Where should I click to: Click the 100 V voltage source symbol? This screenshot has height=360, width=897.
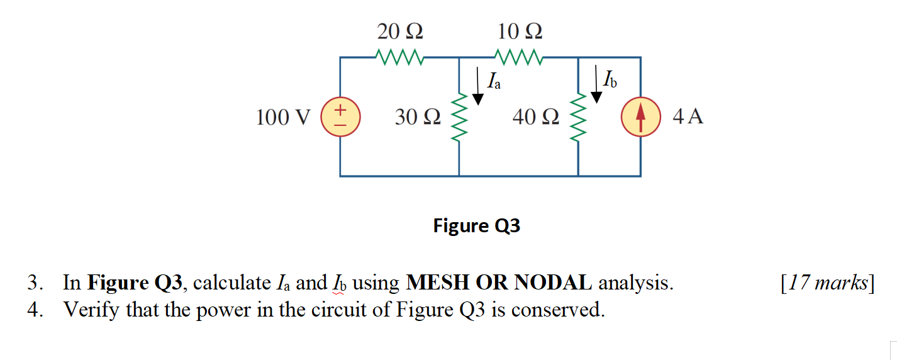[x=340, y=118]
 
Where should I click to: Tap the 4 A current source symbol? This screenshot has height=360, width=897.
[x=640, y=118]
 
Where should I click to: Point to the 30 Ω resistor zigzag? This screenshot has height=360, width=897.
[x=459, y=117]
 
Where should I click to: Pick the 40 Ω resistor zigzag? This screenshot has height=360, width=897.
[x=578, y=117]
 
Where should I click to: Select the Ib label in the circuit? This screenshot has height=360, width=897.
[x=610, y=80]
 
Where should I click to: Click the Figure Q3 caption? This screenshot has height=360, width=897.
[x=477, y=225]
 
